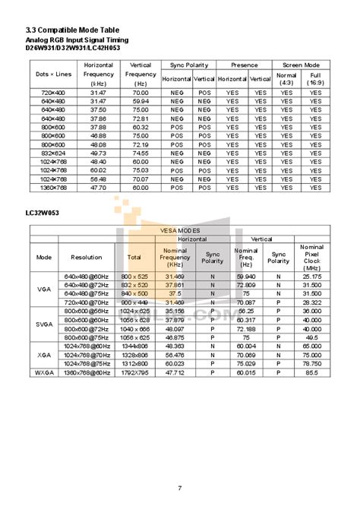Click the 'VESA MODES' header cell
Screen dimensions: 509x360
click(x=179, y=229)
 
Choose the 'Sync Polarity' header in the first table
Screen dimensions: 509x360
click(x=188, y=65)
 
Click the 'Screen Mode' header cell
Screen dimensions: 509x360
click(x=301, y=65)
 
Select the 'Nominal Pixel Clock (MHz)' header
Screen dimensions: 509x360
click(x=311, y=258)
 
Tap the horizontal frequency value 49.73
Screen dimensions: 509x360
click(x=98, y=152)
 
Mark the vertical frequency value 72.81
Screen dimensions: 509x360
click(x=141, y=118)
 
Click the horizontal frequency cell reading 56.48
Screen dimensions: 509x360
click(x=98, y=178)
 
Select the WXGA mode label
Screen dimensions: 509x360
click(x=44, y=373)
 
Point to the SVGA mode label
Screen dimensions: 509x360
click(x=44, y=323)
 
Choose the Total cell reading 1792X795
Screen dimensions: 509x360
click(x=134, y=373)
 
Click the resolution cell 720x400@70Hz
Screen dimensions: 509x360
click(x=86, y=302)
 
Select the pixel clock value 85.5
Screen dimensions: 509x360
click(x=311, y=373)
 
